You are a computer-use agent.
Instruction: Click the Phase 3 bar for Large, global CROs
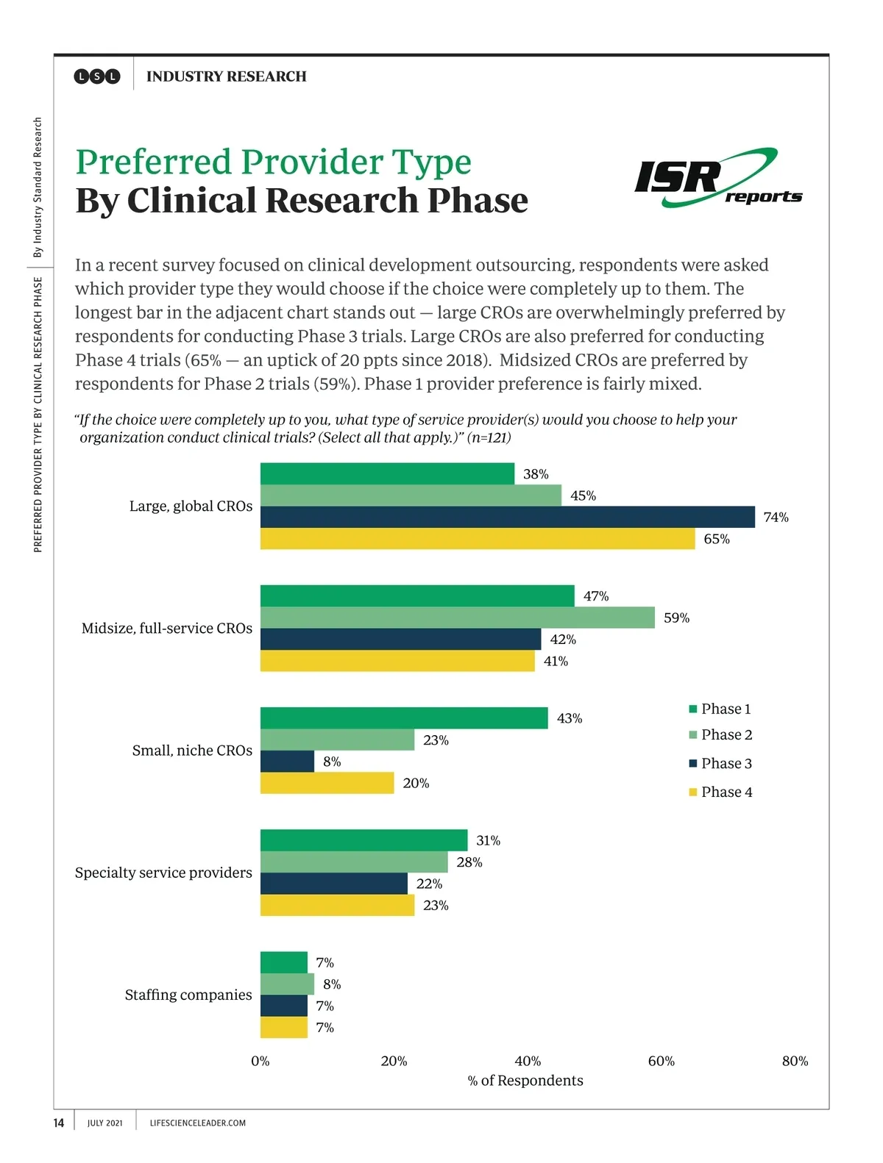(507, 517)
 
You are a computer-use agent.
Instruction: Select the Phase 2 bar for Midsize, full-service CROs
(457, 618)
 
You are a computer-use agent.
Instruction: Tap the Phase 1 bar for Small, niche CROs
(404, 718)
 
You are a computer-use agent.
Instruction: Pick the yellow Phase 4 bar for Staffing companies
(283, 1027)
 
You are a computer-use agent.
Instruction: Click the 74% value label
(776, 518)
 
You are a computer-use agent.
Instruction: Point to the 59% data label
(676, 618)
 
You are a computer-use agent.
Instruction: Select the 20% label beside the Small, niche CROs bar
(416, 784)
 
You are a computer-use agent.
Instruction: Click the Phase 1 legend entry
(720, 709)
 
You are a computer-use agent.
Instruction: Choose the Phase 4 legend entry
(720, 792)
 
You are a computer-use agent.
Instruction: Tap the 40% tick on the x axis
(528, 1061)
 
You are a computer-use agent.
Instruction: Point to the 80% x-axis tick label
(795, 1061)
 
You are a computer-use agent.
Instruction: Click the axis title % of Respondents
(525, 1081)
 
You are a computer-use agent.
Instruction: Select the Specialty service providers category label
(163, 873)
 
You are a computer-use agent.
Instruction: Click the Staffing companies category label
(188, 995)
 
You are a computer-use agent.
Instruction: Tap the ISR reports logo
(717, 178)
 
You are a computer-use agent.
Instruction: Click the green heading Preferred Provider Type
(273, 162)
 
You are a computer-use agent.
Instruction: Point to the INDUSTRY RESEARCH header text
(226, 76)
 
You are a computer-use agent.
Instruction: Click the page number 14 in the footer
(59, 1123)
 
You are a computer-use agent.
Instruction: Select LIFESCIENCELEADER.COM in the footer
(197, 1123)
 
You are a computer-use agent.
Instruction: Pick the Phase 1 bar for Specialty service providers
(364, 840)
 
